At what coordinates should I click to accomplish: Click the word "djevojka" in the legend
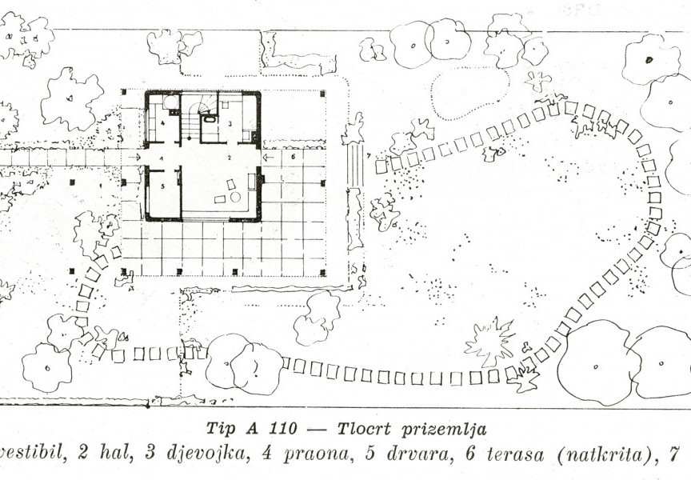tap(211, 455)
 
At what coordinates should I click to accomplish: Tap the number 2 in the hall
tap(229, 159)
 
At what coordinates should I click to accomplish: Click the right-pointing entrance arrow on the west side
tap(134, 158)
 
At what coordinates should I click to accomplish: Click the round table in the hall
tap(235, 197)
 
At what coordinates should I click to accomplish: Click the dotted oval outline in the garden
tap(470, 93)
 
